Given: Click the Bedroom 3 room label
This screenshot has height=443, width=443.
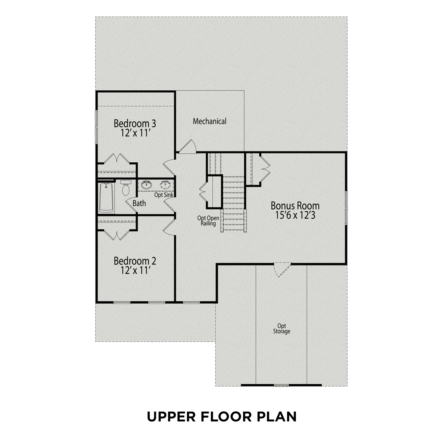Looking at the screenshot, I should click(135, 123).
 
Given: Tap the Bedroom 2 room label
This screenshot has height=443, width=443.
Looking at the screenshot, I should click(135, 261).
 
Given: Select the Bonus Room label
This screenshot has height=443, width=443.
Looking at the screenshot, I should click(295, 206).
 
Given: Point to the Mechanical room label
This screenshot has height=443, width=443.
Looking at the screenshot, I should click(210, 121).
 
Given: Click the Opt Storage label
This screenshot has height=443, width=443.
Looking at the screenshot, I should click(281, 329).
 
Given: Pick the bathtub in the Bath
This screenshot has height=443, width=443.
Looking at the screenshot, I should click(106, 197).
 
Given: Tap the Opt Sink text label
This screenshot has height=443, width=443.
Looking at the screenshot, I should click(164, 195).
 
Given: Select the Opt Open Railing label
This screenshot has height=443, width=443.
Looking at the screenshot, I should click(208, 221).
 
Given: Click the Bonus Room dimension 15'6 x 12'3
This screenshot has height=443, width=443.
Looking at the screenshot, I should click(295, 215).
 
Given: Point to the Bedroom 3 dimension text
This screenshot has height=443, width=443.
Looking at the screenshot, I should click(135, 133).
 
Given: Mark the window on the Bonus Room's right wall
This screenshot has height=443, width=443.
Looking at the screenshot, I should click(346, 208).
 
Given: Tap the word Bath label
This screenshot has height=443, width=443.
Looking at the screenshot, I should click(139, 203).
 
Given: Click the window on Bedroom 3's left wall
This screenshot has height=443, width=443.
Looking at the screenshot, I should click(96, 127).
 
